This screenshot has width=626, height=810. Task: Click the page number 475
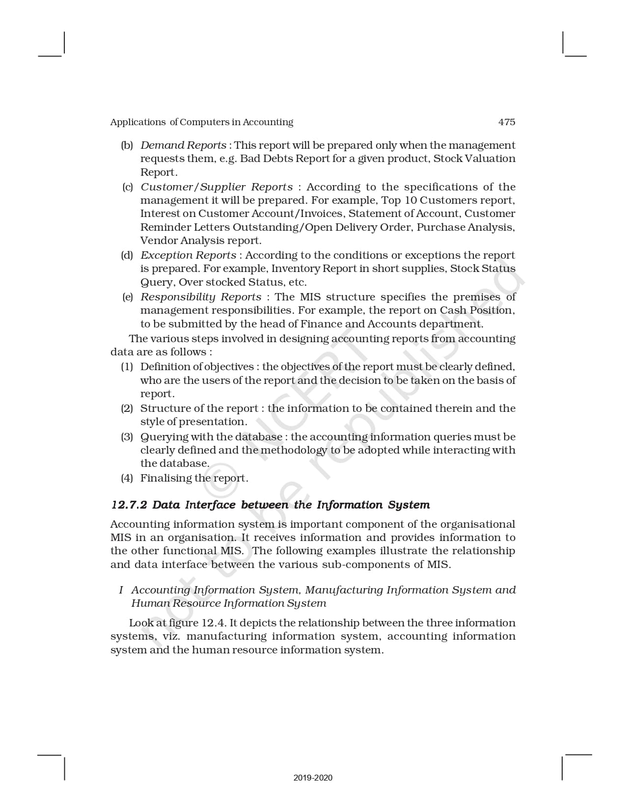pyautogui.click(x=507, y=122)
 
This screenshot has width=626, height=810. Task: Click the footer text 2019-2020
pyautogui.click(x=313, y=778)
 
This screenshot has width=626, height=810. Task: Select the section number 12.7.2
pyautogui.click(x=129, y=505)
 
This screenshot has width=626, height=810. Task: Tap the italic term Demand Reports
pyautogui.click(x=183, y=145)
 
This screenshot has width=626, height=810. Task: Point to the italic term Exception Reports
pyautogui.click(x=188, y=255)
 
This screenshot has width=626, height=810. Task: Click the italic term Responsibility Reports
pyautogui.click(x=201, y=297)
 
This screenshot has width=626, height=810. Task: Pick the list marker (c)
pyautogui.click(x=128, y=187)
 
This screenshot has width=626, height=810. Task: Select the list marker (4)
pyautogui.click(x=127, y=478)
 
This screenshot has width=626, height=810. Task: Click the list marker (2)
pyautogui.click(x=127, y=408)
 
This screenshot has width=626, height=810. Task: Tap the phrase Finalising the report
pyautogui.click(x=194, y=478)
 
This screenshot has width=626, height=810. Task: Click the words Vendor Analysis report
pyautogui.click(x=201, y=241)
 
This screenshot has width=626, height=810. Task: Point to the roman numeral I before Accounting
pyautogui.click(x=121, y=590)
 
